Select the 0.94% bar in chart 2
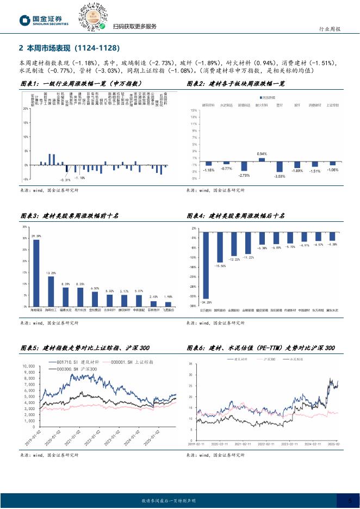(262, 159)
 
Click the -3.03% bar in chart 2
(280, 167)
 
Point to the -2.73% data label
(244, 175)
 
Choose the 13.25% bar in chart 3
(51, 291)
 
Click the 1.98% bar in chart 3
(168, 304)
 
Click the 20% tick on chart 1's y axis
(26, 109)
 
